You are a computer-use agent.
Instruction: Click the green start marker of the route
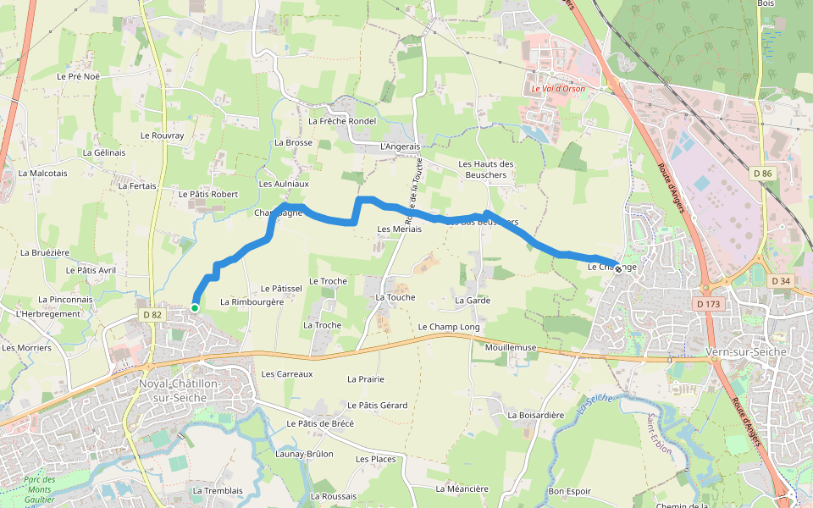click(195, 308)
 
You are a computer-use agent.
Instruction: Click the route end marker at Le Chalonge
click(618, 269)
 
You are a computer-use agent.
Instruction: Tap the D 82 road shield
click(152, 315)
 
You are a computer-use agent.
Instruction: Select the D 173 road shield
click(709, 303)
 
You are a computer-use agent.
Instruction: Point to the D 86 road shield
click(762, 174)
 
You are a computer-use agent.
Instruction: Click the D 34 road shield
click(780, 280)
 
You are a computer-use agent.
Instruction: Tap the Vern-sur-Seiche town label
click(745, 351)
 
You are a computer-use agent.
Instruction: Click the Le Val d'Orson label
click(558, 88)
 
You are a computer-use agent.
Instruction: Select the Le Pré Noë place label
click(79, 76)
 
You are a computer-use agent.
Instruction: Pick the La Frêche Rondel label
click(342, 121)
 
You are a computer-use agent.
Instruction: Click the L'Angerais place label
click(401, 146)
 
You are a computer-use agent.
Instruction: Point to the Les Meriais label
click(400, 229)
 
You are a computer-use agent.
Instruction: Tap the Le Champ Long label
click(449, 327)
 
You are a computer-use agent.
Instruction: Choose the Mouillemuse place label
click(512, 347)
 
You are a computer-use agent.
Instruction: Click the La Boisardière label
click(535, 415)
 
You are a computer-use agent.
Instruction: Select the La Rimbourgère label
click(252, 301)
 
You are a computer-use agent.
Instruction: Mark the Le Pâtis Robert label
click(208, 194)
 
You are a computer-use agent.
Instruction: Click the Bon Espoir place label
click(570, 491)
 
